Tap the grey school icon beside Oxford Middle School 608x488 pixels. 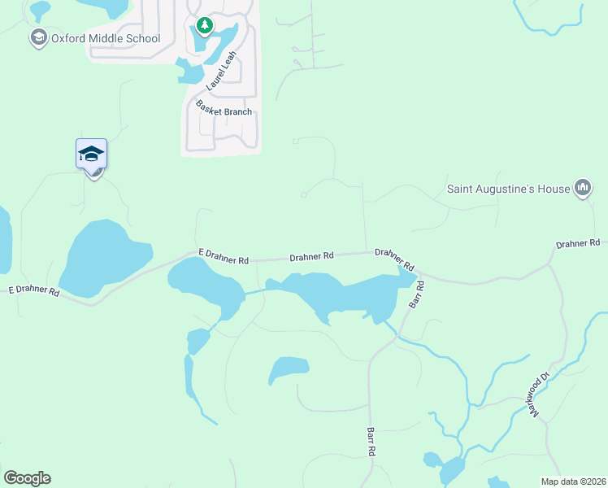click(x=37, y=37)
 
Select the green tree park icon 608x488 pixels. click(x=204, y=27)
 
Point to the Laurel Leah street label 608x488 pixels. click(x=221, y=70)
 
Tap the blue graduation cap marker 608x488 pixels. click(x=92, y=154)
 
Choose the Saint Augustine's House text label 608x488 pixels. click(x=509, y=189)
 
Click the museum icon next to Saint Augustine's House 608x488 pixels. click(x=582, y=189)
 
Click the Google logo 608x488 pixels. click(x=27, y=478)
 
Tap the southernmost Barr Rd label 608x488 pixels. click(x=371, y=441)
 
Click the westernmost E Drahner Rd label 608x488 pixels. click(x=34, y=290)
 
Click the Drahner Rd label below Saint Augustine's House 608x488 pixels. click(x=578, y=243)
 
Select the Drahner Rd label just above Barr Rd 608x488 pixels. click(x=395, y=259)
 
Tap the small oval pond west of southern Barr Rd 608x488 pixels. click(x=289, y=369)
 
